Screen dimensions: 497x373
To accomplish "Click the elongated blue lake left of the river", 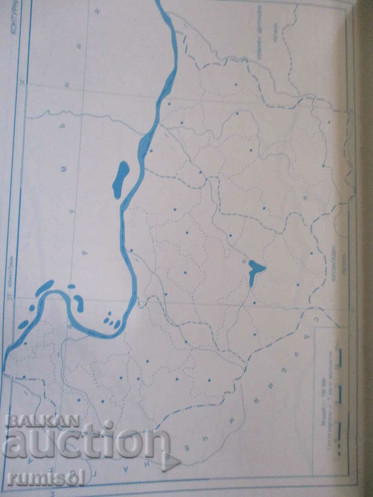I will tap(121, 179).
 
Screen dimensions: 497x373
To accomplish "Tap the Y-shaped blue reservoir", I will tap(254, 270).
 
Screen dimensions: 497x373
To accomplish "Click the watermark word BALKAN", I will tap(42, 422).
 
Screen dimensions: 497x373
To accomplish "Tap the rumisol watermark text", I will tap(46, 478).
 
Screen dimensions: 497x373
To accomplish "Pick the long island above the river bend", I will tap(45, 287).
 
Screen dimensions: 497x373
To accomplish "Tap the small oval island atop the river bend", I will tap(71, 286).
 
